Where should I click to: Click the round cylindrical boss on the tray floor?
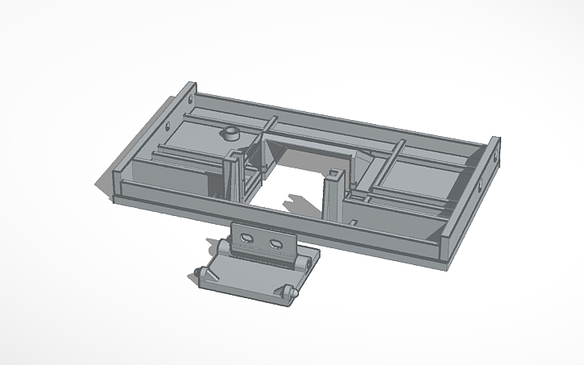[x=231, y=133]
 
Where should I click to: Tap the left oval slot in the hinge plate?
[x=246, y=238]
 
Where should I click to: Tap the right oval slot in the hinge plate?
[x=275, y=242]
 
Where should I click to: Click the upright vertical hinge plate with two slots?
[x=263, y=241]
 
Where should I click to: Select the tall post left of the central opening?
[x=234, y=177]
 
